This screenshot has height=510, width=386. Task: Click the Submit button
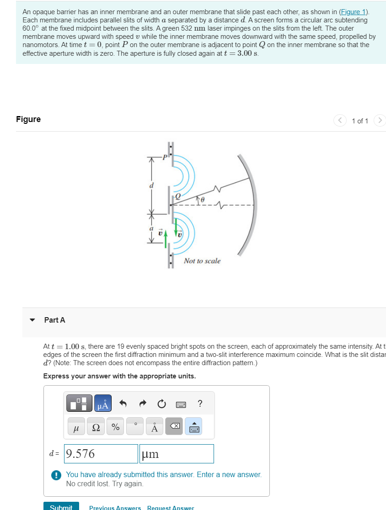[x=61, y=506]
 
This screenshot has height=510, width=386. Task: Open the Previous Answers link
[x=115, y=507]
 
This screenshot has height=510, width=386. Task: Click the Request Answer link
[x=171, y=507]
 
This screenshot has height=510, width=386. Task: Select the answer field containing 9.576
[x=101, y=454]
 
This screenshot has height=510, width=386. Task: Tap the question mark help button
[x=200, y=403]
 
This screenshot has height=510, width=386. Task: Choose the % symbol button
[x=116, y=427]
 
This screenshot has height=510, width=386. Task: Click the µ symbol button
[x=76, y=427]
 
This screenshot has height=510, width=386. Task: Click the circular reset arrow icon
[x=161, y=404]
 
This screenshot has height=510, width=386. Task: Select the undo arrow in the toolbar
[x=123, y=404]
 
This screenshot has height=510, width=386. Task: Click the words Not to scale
[x=202, y=261]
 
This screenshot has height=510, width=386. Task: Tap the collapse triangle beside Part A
[x=32, y=320]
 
